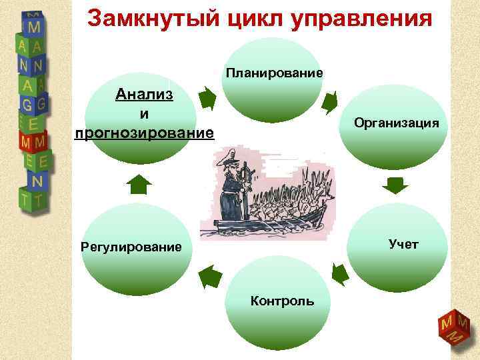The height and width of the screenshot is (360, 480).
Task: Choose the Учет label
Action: (403, 245)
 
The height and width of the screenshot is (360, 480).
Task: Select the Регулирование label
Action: (131, 248)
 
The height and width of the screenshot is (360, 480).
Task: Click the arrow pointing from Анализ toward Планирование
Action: (207, 99)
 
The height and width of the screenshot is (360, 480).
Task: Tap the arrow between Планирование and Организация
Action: (329, 101)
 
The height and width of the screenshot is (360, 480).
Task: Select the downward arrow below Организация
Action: (396, 185)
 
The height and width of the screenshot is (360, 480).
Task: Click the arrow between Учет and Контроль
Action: (339, 274)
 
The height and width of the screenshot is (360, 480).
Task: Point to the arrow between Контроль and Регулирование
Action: (210, 275)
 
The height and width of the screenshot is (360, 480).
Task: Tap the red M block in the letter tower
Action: (33, 142)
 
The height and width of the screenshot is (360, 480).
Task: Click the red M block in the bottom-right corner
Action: (451, 327)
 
